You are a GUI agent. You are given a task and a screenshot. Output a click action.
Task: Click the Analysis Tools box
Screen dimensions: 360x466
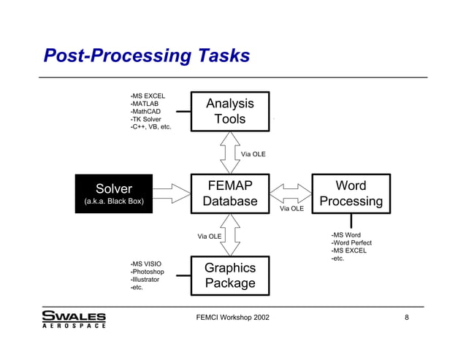click(x=230, y=112)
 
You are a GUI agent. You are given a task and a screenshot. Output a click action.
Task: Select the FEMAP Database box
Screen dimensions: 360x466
click(x=230, y=194)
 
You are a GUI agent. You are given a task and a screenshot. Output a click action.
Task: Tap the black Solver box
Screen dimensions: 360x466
click(x=115, y=194)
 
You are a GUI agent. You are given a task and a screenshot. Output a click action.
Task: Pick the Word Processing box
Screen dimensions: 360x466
click(x=351, y=194)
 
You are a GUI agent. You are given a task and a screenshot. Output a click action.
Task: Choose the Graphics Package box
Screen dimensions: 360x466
click(x=230, y=275)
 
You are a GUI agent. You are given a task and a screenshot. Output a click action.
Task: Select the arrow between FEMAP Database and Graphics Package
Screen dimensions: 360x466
click(x=230, y=234)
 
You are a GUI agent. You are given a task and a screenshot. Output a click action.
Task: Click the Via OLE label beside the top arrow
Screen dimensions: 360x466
click(x=253, y=154)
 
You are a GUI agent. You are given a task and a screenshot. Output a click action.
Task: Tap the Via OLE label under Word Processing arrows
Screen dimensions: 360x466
click(x=291, y=209)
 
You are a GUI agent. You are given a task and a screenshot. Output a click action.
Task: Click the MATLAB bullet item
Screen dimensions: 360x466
click(x=145, y=104)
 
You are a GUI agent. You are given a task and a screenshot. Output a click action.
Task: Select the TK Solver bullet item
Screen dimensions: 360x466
click(x=146, y=119)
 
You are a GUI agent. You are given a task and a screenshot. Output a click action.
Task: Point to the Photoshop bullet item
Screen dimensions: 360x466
click(x=148, y=272)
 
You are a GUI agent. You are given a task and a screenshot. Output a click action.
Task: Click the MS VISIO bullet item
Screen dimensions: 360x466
click(x=145, y=264)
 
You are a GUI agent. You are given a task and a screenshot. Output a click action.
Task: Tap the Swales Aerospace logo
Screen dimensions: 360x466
click(x=74, y=319)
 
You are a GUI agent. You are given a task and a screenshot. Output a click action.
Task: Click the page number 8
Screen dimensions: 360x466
click(x=406, y=318)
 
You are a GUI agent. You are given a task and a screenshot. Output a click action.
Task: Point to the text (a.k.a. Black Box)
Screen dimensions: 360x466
click(x=115, y=201)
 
